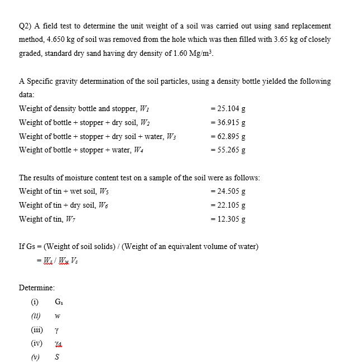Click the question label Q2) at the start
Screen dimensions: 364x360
pos(26,26)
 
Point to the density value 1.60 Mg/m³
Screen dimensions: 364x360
pos(193,54)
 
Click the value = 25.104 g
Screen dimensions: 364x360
pos(228,108)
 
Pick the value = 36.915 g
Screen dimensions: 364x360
pos(228,122)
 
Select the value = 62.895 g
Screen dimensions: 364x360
pos(228,136)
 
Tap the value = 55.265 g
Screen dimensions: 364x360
pos(228,150)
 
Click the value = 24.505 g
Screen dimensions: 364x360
pos(228,191)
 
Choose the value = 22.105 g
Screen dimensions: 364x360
pos(228,205)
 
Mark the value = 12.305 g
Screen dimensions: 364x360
pos(228,219)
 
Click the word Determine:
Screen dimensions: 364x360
pos(37,288)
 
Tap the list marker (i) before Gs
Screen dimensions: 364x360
pos(35,302)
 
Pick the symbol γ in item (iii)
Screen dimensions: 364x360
pos(57,329)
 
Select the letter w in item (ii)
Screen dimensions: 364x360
pos(57,316)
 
